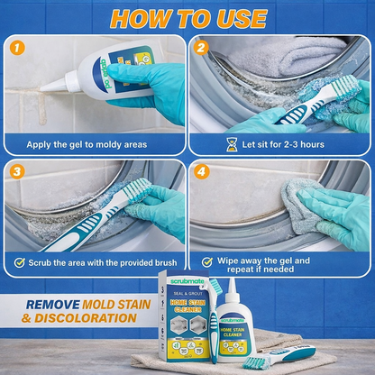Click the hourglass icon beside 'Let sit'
tap(232, 142)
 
